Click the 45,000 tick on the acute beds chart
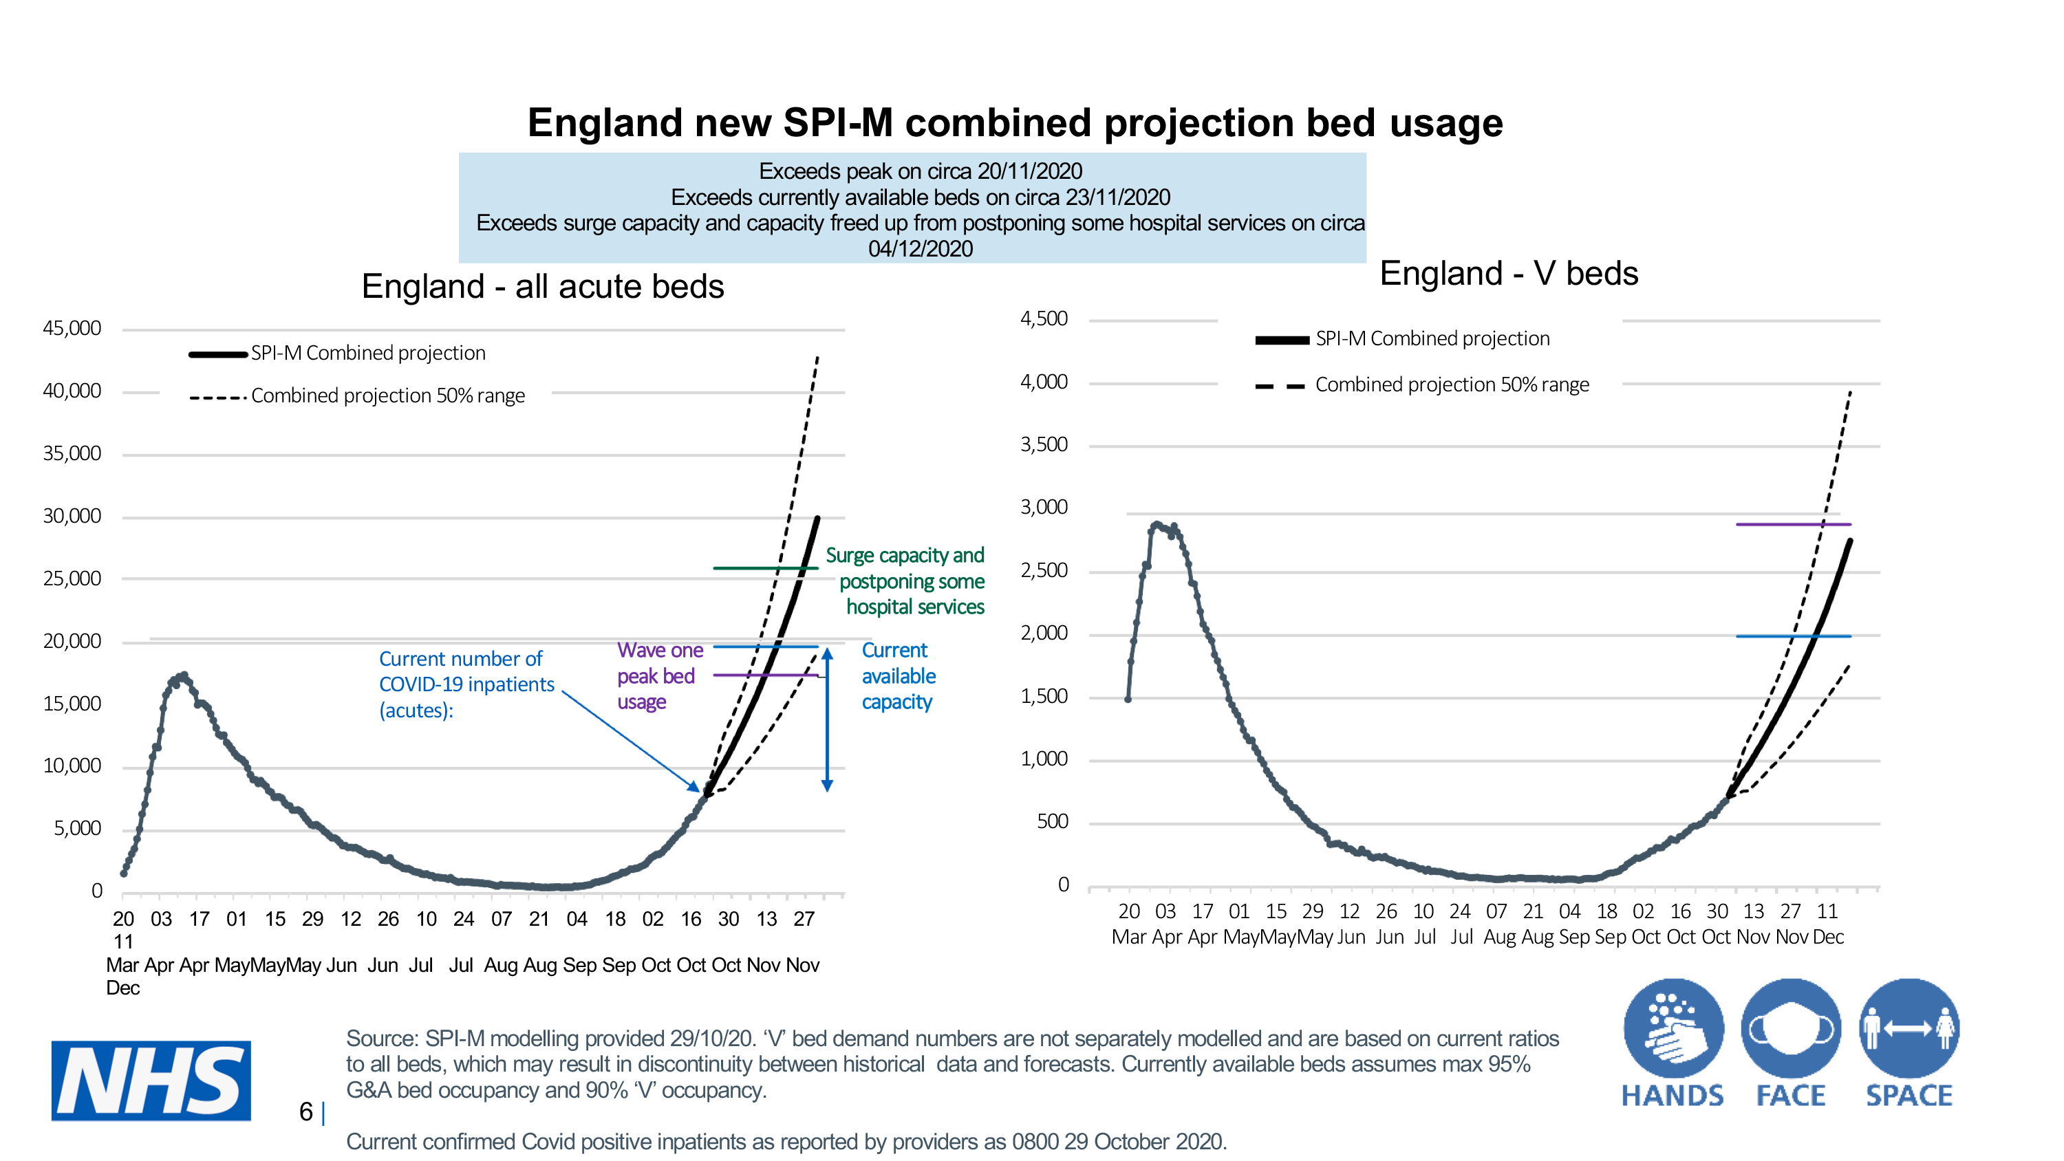pos(72,329)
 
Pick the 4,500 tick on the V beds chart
pos(1043,319)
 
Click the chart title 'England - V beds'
pos(1508,273)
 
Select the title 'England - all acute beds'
pos(542,287)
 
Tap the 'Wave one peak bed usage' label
pos(659,675)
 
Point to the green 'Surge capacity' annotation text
pos(910,581)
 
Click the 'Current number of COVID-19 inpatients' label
pos(466,684)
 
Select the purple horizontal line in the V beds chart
pos(1792,524)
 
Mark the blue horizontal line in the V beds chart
pos(1792,636)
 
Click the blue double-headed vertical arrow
pos(827,719)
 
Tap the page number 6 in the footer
pos(305,1111)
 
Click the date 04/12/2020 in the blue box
pos(920,248)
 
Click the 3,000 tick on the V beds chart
pos(1043,507)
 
